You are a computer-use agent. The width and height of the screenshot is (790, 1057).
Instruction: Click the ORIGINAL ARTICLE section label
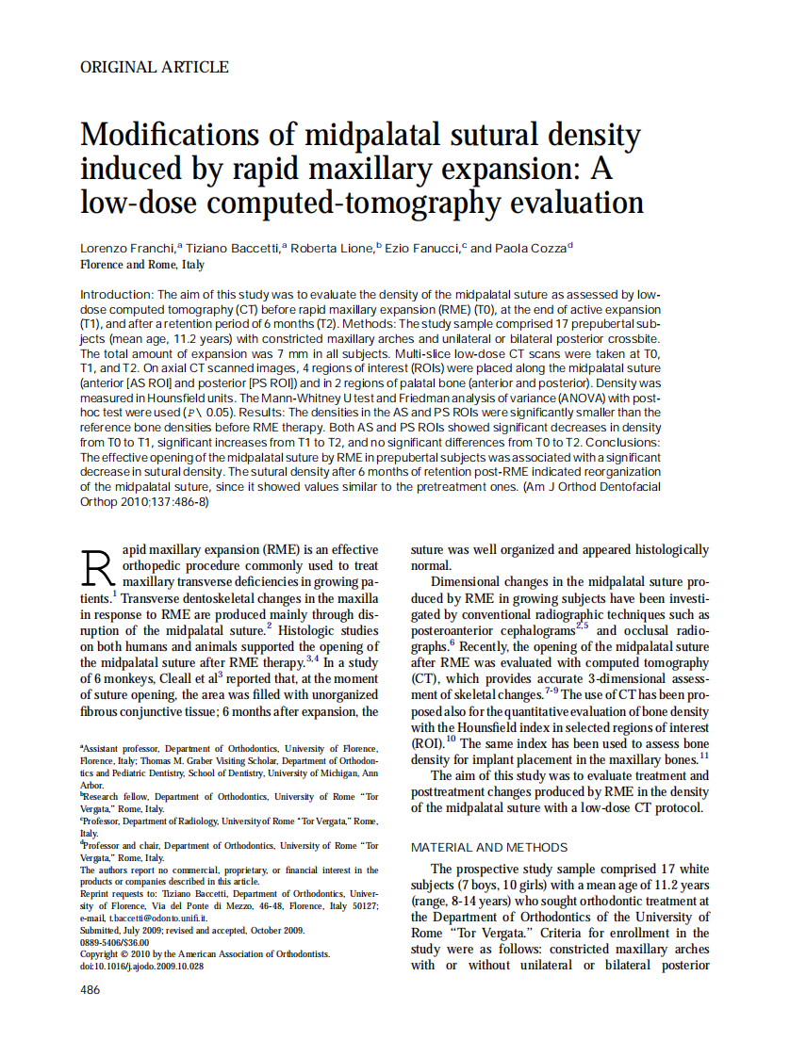point(155,67)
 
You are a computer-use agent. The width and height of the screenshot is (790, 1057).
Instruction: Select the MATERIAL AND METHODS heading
point(489,847)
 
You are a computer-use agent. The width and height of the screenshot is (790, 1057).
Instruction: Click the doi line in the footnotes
point(141,966)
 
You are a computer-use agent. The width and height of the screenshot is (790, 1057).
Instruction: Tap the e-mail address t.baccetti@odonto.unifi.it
point(153,918)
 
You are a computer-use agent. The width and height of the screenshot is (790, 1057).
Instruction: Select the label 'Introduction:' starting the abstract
point(117,295)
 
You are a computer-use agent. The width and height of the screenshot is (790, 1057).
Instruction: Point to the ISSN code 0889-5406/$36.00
point(115,942)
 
